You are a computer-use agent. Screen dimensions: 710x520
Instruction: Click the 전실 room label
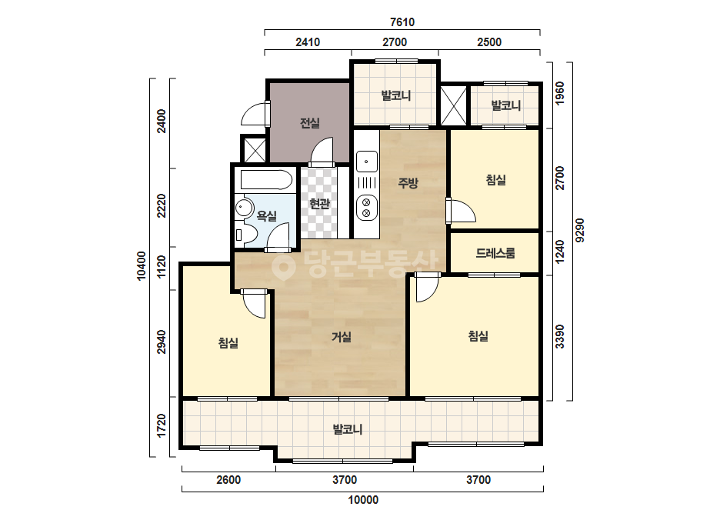click(310, 123)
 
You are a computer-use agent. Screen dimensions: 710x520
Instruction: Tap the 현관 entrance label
click(319, 204)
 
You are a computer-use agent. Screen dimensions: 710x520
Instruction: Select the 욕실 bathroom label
click(266, 215)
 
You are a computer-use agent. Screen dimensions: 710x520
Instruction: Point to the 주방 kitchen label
click(408, 183)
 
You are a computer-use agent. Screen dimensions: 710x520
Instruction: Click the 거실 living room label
click(342, 337)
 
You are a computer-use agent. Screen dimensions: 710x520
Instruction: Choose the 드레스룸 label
click(495, 253)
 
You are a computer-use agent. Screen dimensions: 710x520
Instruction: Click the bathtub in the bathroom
click(266, 180)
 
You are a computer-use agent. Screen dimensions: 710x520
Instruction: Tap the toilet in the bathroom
click(246, 235)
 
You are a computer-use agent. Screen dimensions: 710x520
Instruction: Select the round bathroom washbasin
click(245, 208)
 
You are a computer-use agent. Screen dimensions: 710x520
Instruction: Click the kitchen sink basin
click(366, 162)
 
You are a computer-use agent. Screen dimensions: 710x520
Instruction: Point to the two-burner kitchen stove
click(366, 207)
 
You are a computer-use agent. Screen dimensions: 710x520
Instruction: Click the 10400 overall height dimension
click(142, 266)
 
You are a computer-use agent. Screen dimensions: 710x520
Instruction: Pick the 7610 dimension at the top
click(402, 22)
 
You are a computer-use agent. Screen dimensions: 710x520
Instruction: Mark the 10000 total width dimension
click(363, 500)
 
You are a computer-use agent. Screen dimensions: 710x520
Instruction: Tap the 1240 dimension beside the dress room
click(560, 252)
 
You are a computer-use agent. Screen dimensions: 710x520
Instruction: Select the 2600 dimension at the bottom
click(228, 480)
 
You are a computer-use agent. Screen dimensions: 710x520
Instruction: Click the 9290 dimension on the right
click(580, 231)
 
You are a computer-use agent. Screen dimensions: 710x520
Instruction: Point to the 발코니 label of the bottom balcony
click(347, 429)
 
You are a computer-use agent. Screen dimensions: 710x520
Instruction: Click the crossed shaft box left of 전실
click(255, 149)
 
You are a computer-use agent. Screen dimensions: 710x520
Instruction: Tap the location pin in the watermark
click(283, 265)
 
